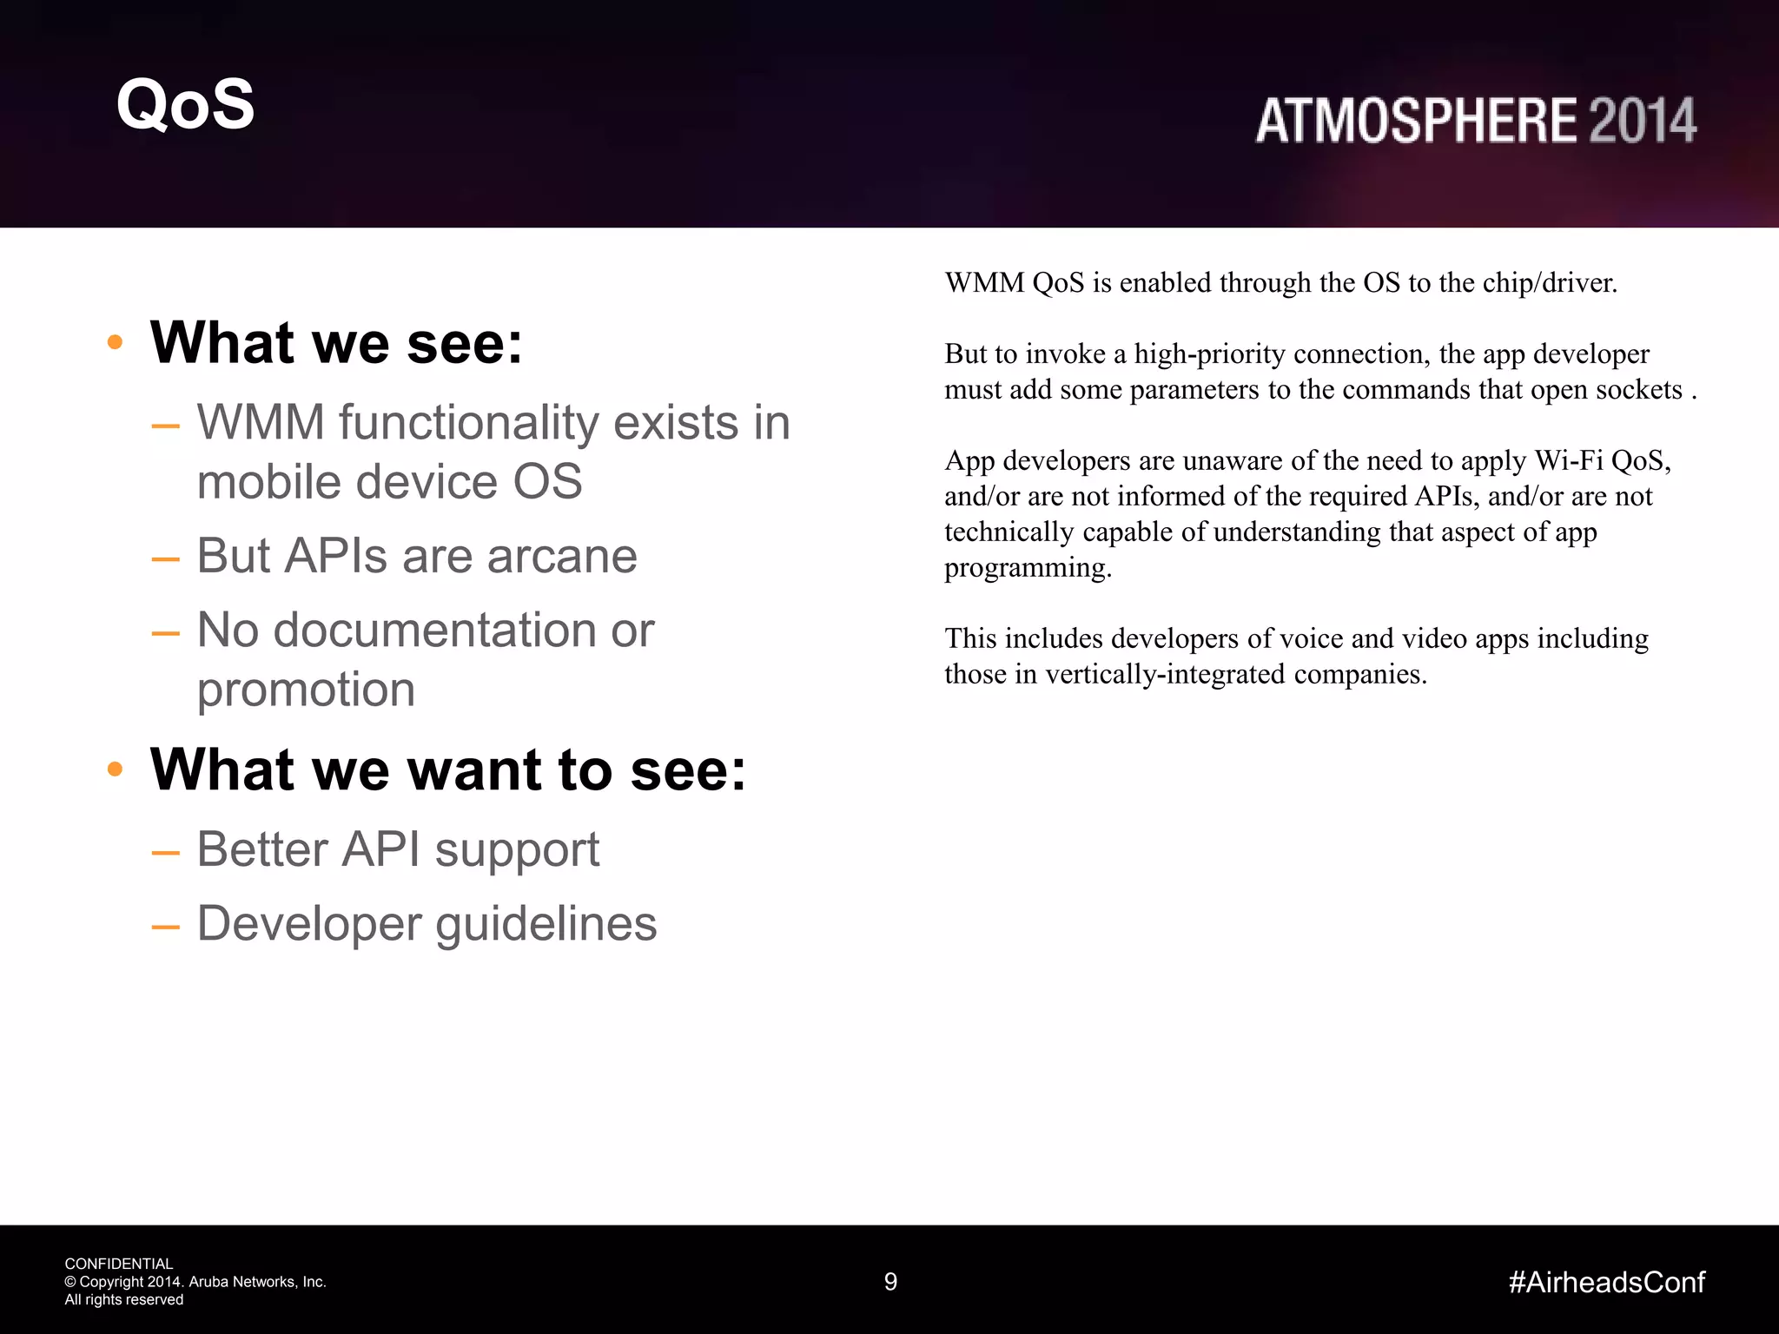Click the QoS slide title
point(185,104)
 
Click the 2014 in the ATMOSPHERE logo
point(1643,121)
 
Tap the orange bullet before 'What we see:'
point(115,342)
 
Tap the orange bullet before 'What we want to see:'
point(115,769)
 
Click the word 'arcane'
point(562,556)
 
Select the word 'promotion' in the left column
point(306,690)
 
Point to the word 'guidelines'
point(546,923)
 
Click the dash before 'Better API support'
point(165,852)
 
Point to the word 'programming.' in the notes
point(1028,568)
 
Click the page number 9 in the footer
point(890,1282)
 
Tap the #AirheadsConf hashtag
point(1606,1282)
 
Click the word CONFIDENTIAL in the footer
point(119,1264)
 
